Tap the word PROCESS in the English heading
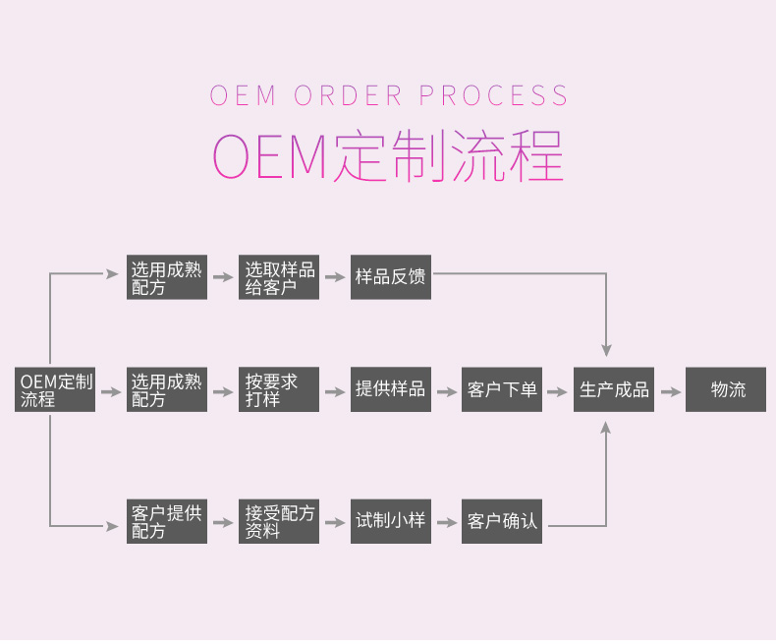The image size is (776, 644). [x=493, y=96]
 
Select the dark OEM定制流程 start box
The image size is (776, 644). [x=55, y=390]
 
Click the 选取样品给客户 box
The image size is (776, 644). [x=279, y=278]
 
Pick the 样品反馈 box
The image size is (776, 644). [x=390, y=278]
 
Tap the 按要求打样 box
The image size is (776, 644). [x=279, y=390]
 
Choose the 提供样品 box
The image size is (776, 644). [x=390, y=390]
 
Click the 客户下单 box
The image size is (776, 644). [x=502, y=390]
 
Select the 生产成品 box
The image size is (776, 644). [x=614, y=390]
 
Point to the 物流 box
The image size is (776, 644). [x=726, y=390]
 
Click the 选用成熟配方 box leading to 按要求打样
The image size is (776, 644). [x=167, y=390]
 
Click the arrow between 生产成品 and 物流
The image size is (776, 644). [x=670, y=391]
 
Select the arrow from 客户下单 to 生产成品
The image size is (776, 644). [x=558, y=391]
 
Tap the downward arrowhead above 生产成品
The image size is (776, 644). [x=606, y=348]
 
